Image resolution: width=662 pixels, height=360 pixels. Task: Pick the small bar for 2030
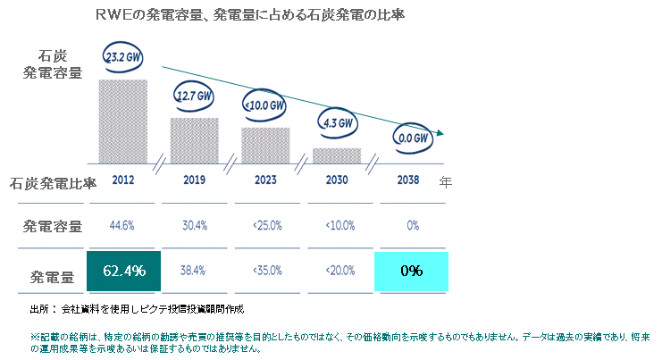(337, 155)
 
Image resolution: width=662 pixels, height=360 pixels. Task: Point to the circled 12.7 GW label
(193, 96)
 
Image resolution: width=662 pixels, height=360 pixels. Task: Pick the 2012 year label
(123, 180)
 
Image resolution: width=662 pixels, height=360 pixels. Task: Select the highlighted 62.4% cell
(123, 270)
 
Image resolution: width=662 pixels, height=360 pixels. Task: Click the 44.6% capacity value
(123, 225)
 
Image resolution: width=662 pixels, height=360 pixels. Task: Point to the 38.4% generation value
(194, 270)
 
